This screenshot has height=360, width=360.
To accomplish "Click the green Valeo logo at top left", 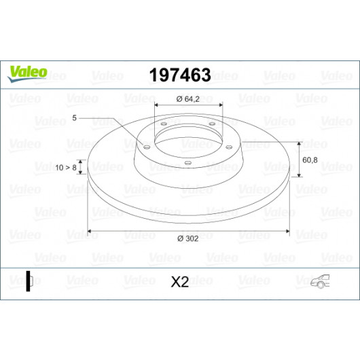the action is (x=28, y=74).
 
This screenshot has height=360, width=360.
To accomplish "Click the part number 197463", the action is (x=180, y=75).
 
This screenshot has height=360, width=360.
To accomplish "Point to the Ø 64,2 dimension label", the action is (x=187, y=99).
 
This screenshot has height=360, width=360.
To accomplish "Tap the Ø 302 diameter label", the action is (x=187, y=238).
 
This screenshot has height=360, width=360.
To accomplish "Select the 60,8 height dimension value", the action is (x=310, y=160).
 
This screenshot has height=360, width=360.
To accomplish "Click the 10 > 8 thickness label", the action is (x=66, y=168).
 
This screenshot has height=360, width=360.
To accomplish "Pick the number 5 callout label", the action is (x=74, y=118).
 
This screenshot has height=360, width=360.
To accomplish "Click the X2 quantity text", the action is (x=180, y=282).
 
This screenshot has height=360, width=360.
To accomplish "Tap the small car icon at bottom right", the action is (x=320, y=281).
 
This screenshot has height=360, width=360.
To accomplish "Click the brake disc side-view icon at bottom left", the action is (x=29, y=281).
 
